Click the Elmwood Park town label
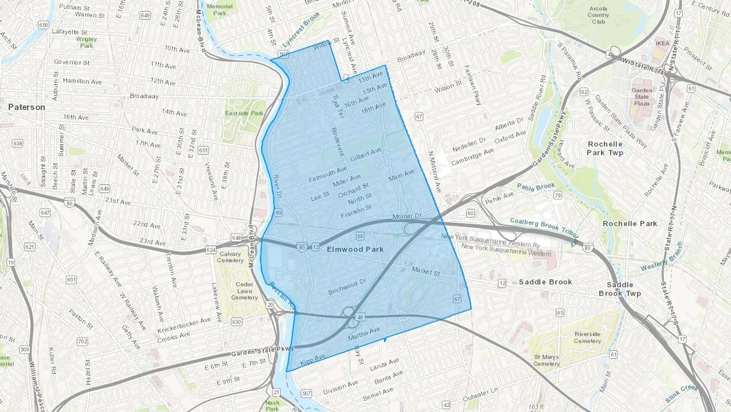tap(355, 249)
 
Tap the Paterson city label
tap(26, 107)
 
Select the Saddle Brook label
tap(545, 282)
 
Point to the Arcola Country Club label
tap(598, 15)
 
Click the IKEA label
tap(662, 43)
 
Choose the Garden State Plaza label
tap(642, 97)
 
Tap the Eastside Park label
tap(244, 113)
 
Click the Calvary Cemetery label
tap(230, 257)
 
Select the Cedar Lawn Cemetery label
tap(244, 291)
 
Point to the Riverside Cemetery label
tap(587, 337)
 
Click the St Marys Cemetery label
tap(546, 360)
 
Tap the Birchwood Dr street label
tap(347, 286)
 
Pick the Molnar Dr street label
tap(407, 216)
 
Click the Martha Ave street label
tap(364, 334)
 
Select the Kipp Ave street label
tap(313, 359)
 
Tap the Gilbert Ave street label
tap(365, 154)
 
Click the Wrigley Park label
tap(87, 42)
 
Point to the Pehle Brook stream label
tap(536, 187)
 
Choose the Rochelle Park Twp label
tap(605, 148)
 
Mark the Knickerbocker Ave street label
tap(184, 325)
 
